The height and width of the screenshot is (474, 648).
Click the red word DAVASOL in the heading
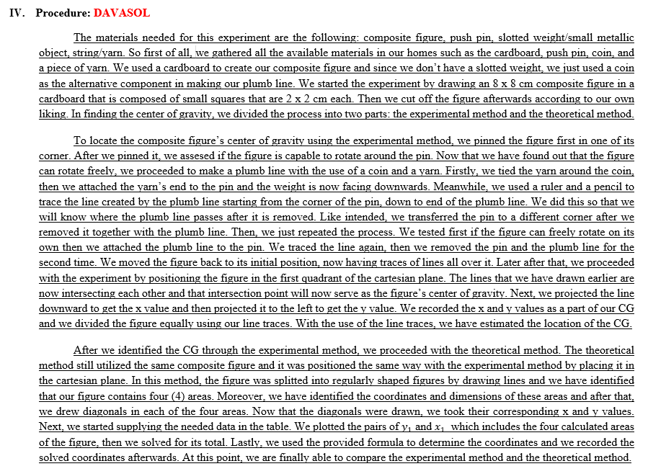tap(121, 14)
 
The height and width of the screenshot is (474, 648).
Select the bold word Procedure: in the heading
tap(63, 14)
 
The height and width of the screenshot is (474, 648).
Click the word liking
tap(54, 115)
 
